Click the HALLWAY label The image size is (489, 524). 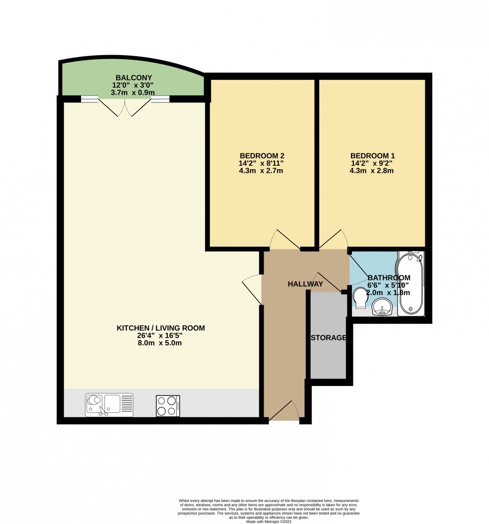click(x=305, y=284)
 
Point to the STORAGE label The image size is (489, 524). click(x=328, y=338)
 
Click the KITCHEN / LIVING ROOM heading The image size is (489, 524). click(x=161, y=328)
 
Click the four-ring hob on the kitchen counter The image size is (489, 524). click(x=168, y=405)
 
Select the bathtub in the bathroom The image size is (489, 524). click(x=411, y=284)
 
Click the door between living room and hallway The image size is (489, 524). click(x=252, y=289)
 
